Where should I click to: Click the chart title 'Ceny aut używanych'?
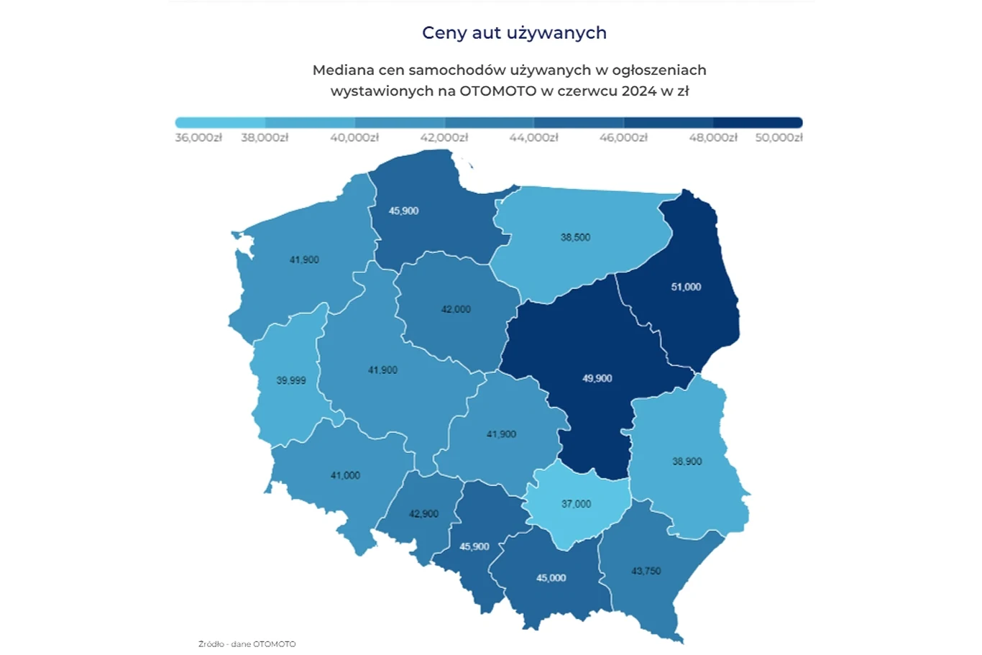[514, 32]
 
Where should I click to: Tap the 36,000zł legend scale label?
[198, 137]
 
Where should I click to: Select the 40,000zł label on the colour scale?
[354, 137]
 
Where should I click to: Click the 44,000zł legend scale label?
[533, 137]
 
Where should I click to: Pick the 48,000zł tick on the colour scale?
[713, 137]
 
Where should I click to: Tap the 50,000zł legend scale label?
[779, 137]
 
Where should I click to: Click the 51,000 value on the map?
[686, 287]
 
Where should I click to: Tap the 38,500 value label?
[575, 237]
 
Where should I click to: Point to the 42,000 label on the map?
[456, 309]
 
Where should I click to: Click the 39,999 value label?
[291, 380]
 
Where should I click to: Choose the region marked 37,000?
[576, 504]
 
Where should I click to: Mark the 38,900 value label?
[687, 462]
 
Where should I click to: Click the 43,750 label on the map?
[646, 571]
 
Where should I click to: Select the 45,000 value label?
[551, 578]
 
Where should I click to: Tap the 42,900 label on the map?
[423, 514]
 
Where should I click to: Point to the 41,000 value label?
[345, 475]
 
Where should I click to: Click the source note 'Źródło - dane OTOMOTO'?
[247, 644]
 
